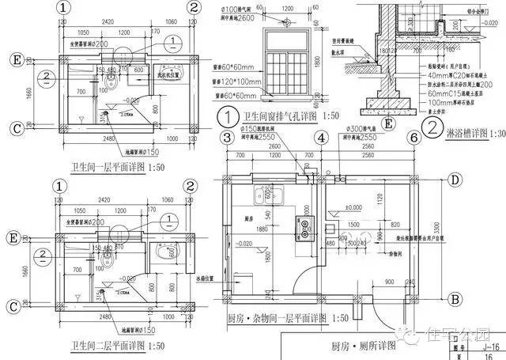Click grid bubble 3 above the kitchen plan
point(227,138)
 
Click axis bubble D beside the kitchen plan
point(455,180)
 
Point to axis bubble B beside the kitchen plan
point(455,299)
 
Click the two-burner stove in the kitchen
point(302,225)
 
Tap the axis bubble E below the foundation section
point(387,123)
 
